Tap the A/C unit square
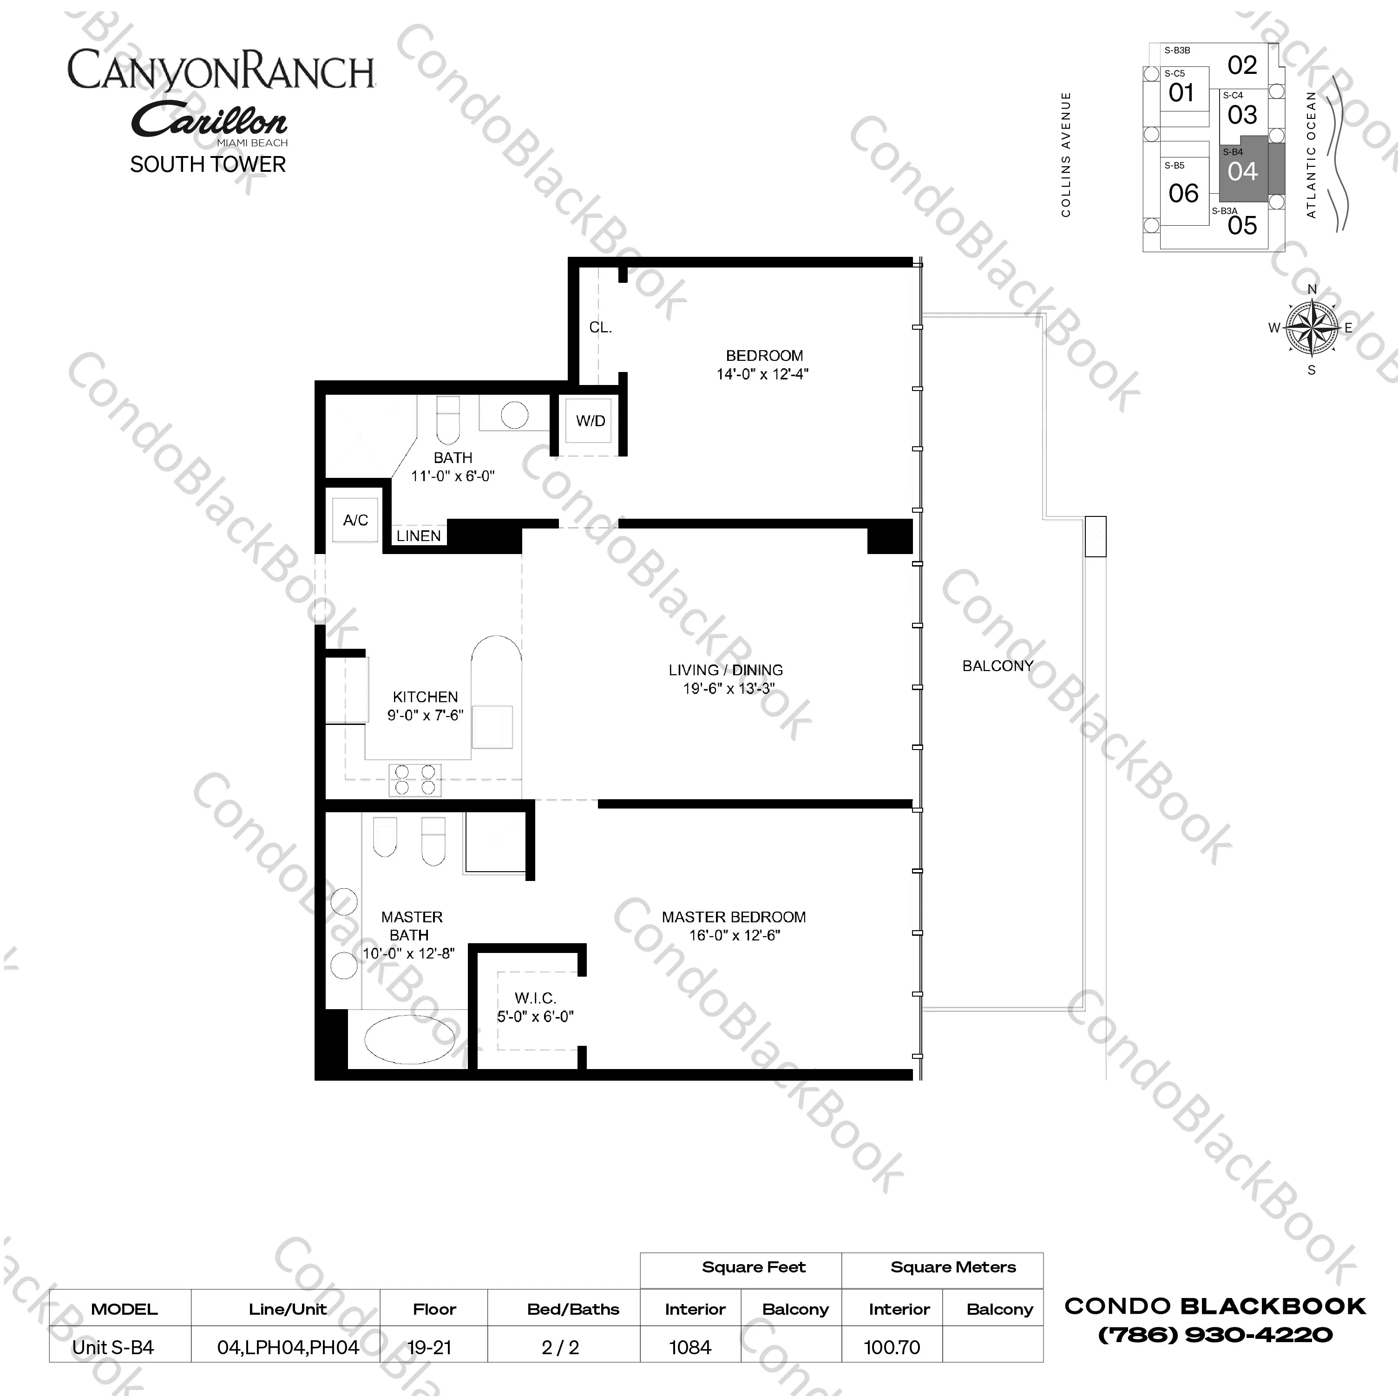[355, 519]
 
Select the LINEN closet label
[418, 536]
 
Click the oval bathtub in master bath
[410, 1039]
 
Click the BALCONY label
[997, 665]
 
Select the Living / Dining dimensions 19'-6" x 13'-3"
[729, 689]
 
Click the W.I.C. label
[536, 998]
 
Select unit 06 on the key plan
[1184, 193]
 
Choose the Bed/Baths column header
[573, 1309]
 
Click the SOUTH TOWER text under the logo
[209, 164]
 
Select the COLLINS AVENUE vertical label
[1065, 154]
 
